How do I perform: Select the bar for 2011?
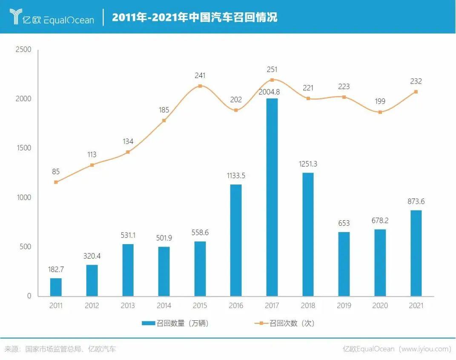pyautogui.click(x=56, y=287)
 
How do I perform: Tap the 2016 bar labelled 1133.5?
pyautogui.click(x=236, y=240)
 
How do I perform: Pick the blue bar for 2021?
pyautogui.click(x=416, y=253)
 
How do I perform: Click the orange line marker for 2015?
pyautogui.click(x=200, y=86)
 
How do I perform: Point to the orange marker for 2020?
pyautogui.click(x=380, y=112)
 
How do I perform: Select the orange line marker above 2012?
pyautogui.click(x=92, y=165)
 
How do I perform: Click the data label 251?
pyautogui.click(x=272, y=69)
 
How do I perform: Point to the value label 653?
pyautogui.click(x=344, y=223)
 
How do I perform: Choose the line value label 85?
pyautogui.click(x=56, y=172)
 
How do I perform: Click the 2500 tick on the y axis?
pyautogui.click(x=23, y=49)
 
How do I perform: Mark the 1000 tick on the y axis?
pyautogui.click(x=23, y=198)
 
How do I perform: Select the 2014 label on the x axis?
pyautogui.click(x=164, y=305)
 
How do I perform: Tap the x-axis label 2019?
pyautogui.click(x=344, y=305)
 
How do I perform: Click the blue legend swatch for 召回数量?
pyautogui.click(x=149, y=323)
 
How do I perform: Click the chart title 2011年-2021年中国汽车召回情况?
pyautogui.click(x=195, y=17)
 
